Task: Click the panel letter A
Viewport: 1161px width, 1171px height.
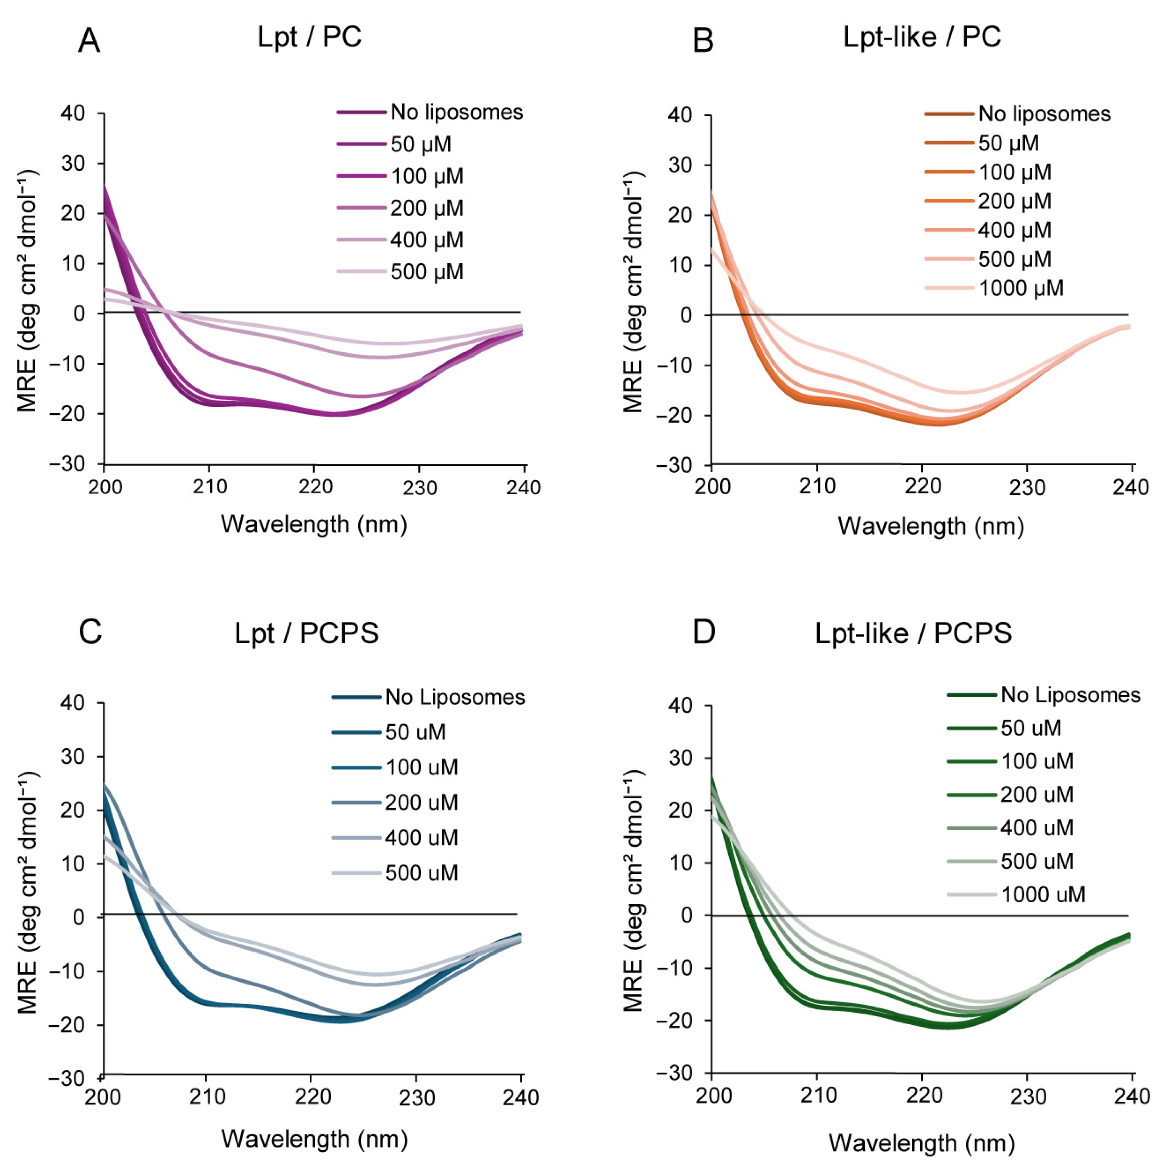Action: point(89,41)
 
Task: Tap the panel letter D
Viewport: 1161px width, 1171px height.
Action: point(704,632)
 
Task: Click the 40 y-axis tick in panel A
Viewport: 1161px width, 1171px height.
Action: point(73,113)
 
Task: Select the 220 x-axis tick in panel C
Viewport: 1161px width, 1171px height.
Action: point(313,1097)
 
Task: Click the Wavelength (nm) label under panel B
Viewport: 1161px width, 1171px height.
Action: point(931,526)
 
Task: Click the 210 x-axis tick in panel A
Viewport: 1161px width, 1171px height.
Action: point(210,487)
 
